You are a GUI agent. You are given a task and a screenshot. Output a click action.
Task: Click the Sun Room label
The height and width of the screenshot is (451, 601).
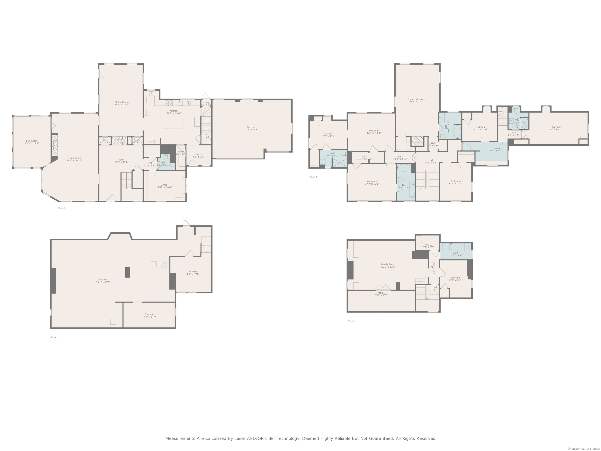(32, 141)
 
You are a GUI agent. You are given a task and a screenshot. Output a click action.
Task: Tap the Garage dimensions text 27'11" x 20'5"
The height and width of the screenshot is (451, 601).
(250, 130)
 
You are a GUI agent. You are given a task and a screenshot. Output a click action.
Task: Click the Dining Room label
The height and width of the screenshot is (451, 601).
(121, 102)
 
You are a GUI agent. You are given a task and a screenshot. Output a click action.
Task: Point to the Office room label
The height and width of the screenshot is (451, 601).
(164, 185)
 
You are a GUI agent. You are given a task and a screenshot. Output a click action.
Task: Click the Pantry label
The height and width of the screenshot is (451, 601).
(181, 152)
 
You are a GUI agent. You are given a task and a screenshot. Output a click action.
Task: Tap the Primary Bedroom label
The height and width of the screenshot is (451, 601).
(417, 99)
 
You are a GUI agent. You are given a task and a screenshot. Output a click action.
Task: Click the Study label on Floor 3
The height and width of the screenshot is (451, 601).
(328, 133)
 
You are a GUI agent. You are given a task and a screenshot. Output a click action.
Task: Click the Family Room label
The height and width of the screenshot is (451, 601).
(388, 264)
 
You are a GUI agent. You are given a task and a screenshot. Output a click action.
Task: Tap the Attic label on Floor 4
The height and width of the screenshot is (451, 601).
(380, 293)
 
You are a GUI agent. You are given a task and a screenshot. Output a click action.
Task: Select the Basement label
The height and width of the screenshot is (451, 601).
(103, 279)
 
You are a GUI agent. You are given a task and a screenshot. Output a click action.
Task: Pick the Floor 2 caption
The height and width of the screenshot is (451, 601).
(61, 208)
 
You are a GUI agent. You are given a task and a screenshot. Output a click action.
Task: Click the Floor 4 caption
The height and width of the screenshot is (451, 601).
(351, 321)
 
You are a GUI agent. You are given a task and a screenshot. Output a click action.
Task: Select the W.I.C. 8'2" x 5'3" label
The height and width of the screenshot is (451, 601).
(428, 245)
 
